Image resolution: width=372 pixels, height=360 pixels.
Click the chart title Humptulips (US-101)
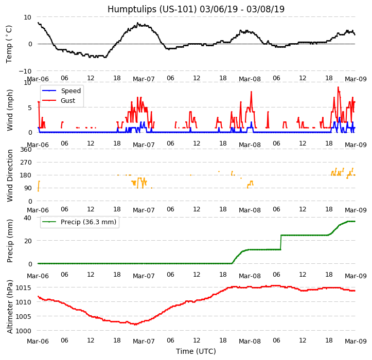click(196, 9)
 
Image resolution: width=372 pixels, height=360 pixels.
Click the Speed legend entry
click(70, 91)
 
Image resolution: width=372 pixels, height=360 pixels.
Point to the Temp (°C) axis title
click(9, 44)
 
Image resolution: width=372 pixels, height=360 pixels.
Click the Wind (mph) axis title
click(10, 110)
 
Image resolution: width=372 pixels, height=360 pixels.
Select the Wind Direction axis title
click(10, 175)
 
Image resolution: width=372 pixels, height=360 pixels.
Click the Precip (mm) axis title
click(10, 241)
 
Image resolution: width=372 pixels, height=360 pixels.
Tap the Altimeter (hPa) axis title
click(10, 306)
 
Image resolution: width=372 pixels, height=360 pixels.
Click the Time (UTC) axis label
click(196, 351)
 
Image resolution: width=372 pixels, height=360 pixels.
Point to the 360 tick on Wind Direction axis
click(26, 150)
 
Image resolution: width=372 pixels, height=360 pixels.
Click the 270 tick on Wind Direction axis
click(26, 163)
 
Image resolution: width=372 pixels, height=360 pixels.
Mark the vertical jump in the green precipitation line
click(281, 242)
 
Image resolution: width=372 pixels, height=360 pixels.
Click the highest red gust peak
click(338, 87)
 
